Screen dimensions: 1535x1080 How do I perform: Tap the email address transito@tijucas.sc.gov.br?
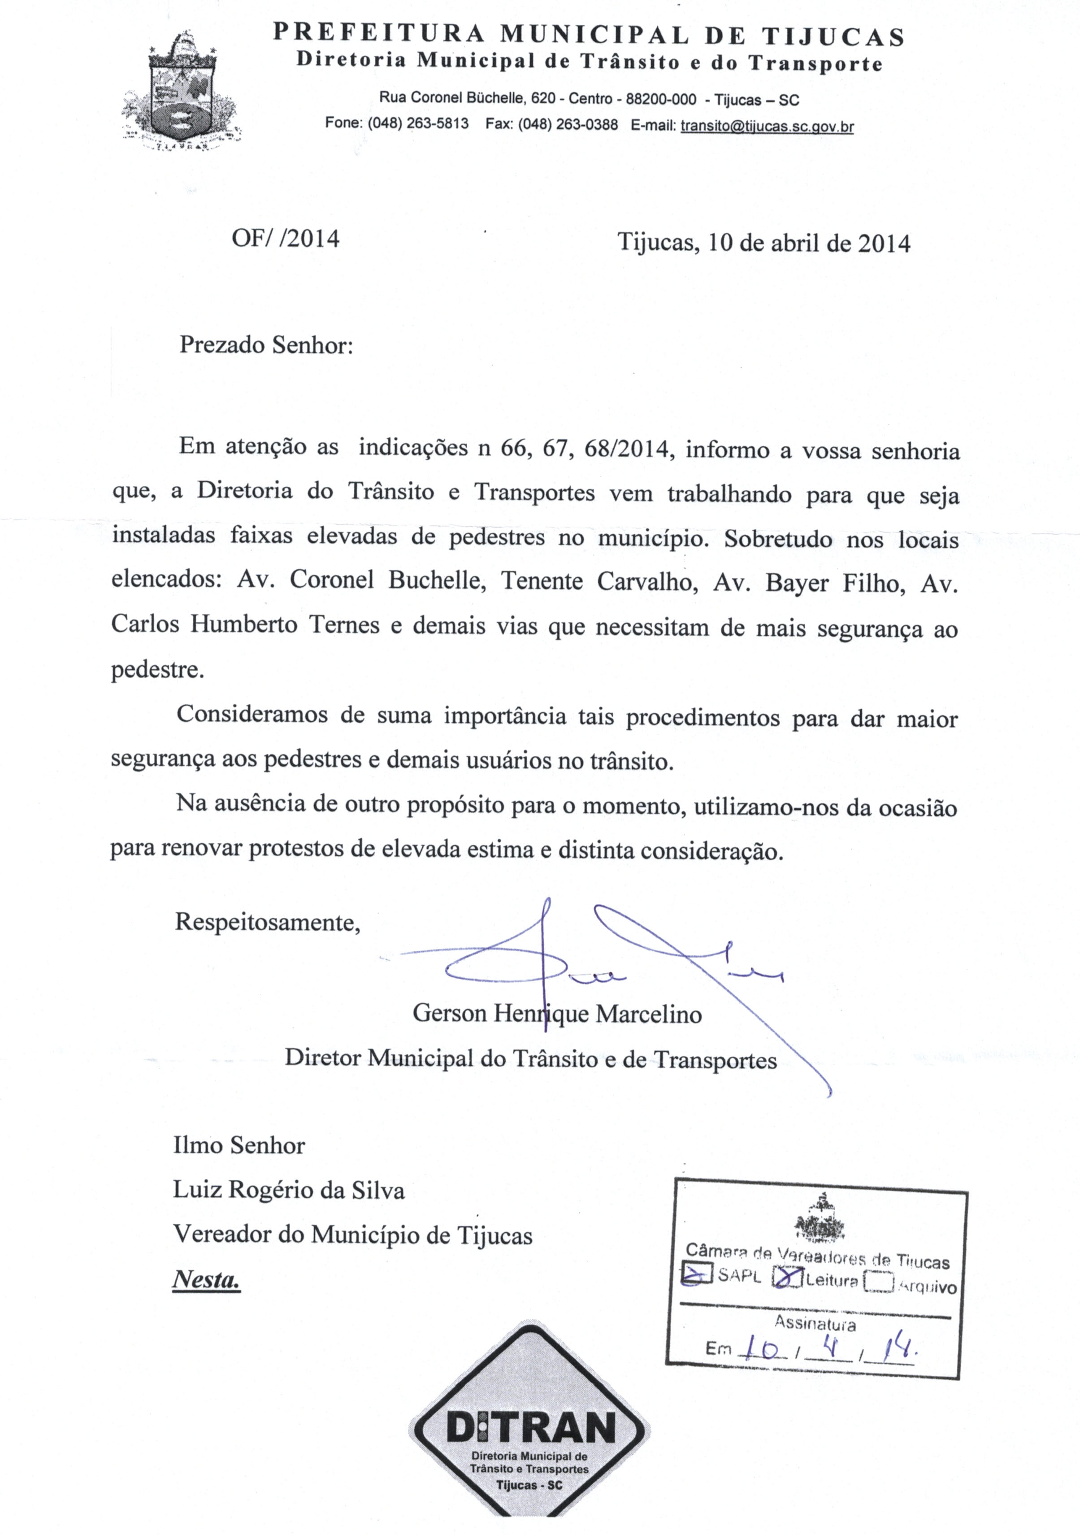click(x=767, y=126)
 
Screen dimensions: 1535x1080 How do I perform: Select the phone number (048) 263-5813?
click(x=418, y=124)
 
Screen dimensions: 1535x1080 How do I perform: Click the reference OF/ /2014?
click(x=286, y=239)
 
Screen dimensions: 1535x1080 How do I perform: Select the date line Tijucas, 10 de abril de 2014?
click(x=763, y=242)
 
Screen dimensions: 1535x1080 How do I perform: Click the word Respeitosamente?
click(x=267, y=923)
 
